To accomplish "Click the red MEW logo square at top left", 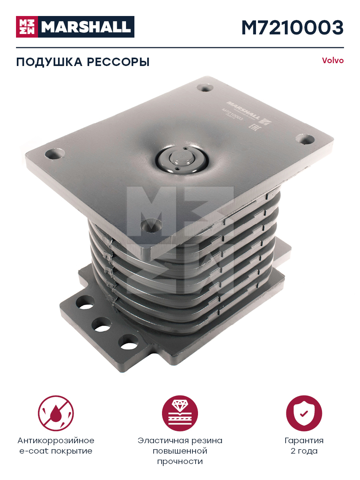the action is (27, 27).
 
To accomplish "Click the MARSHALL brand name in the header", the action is (86, 27).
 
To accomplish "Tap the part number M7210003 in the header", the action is (292, 27).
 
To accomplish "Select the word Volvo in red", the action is (333, 60).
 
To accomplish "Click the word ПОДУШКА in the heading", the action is (49, 62).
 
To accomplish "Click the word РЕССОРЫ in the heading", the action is (118, 62).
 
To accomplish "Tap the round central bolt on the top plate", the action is (182, 158).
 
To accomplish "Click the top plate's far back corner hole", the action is (205, 88).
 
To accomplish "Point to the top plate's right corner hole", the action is (305, 140).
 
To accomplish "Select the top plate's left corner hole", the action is (55, 154).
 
